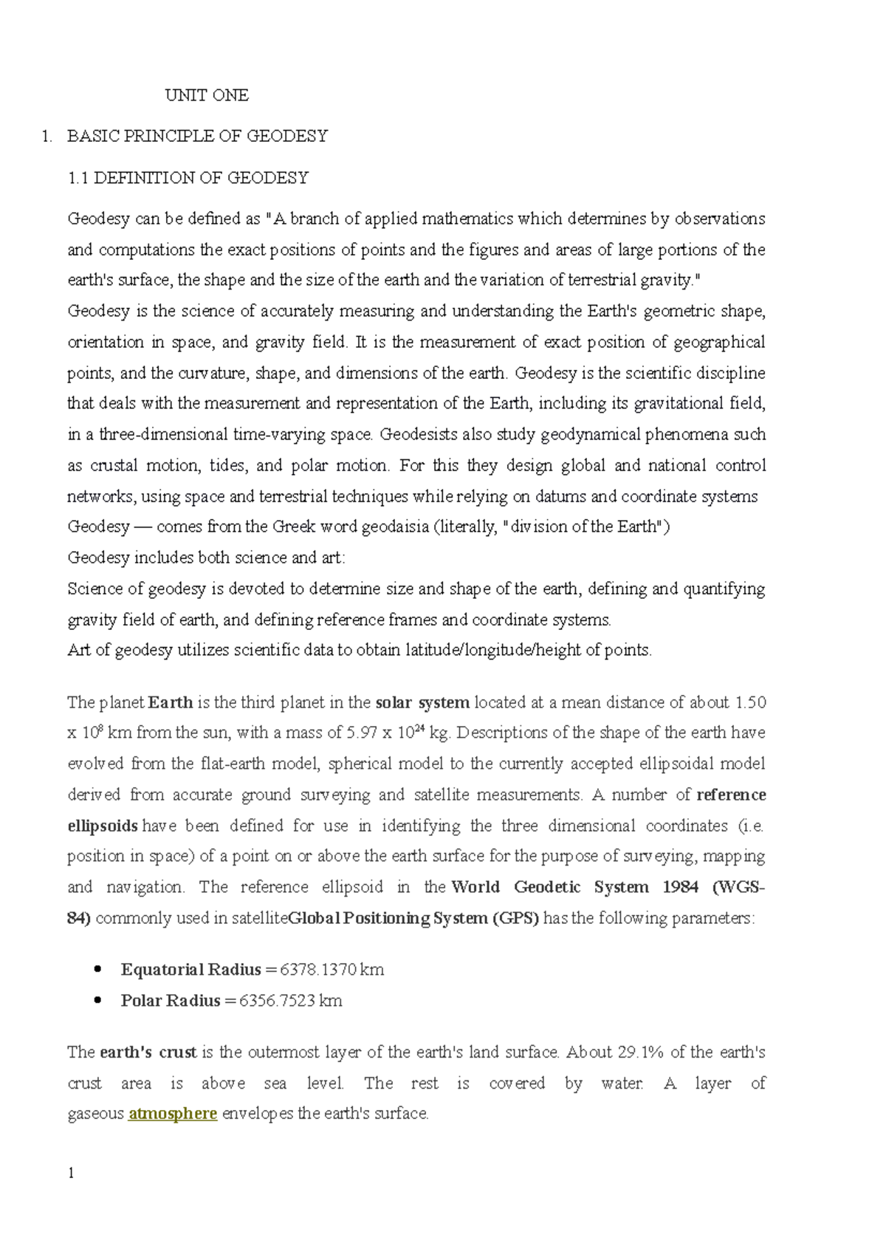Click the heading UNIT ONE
pos(207,95)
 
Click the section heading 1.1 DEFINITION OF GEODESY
pos(188,178)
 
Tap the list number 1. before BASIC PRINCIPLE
pos(47,136)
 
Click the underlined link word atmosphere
pos(173,1114)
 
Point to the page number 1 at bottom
pos(71,1174)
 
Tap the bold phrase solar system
pos(422,702)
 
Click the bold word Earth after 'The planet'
pos(171,702)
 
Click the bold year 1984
pos(680,887)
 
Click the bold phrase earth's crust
pos(148,1052)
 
